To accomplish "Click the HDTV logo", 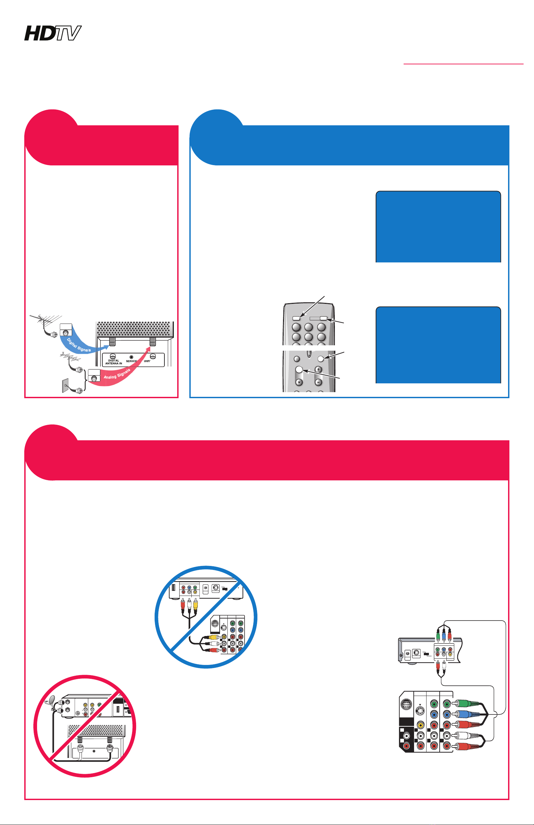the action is click(x=53, y=33).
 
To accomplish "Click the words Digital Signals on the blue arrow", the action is click(x=79, y=345).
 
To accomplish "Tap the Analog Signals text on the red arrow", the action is click(x=117, y=374).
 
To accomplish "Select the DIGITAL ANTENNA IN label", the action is click(x=114, y=362).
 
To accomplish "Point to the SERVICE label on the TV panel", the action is click(x=131, y=361).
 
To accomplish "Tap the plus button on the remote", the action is click(x=318, y=369).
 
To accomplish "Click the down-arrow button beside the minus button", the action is click(x=299, y=382).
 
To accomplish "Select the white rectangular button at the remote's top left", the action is click(x=296, y=318).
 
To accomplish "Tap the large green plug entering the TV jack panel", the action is click(x=467, y=704).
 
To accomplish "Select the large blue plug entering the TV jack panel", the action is click(x=467, y=714).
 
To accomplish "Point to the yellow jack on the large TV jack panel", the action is click(x=420, y=725).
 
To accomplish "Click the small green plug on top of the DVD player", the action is click(x=438, y=635).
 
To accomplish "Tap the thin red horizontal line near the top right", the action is click(x=464, y=64).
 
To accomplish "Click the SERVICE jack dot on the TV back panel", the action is click(x=131, y=357).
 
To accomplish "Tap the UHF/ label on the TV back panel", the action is click(x=147, y=361).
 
